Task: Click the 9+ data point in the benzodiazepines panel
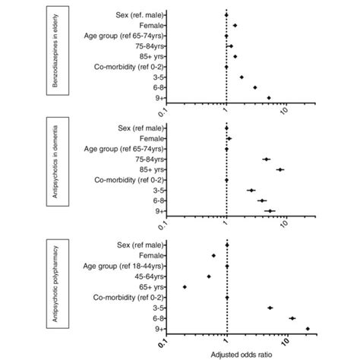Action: coord(269,98)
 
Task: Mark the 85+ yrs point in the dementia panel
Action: coord(279,170)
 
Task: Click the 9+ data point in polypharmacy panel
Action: coord(308,329)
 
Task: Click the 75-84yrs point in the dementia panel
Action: coord(266,159)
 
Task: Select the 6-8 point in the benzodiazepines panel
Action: coord(255,87)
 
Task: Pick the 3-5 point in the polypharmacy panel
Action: coord(270,308)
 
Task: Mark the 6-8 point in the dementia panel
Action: coord(262,201)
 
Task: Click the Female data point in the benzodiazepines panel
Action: coord(235,25)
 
